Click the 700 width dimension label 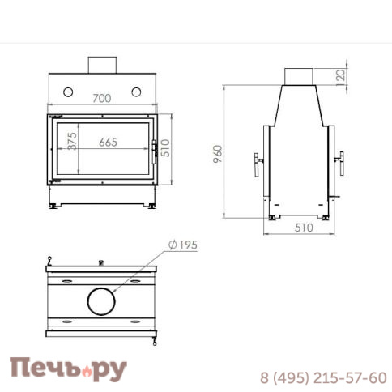(102, 99)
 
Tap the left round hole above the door (68, 89)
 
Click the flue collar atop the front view (102, 64)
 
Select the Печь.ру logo (68, 370)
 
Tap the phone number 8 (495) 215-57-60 (323, 377)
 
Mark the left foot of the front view (54, 207)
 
